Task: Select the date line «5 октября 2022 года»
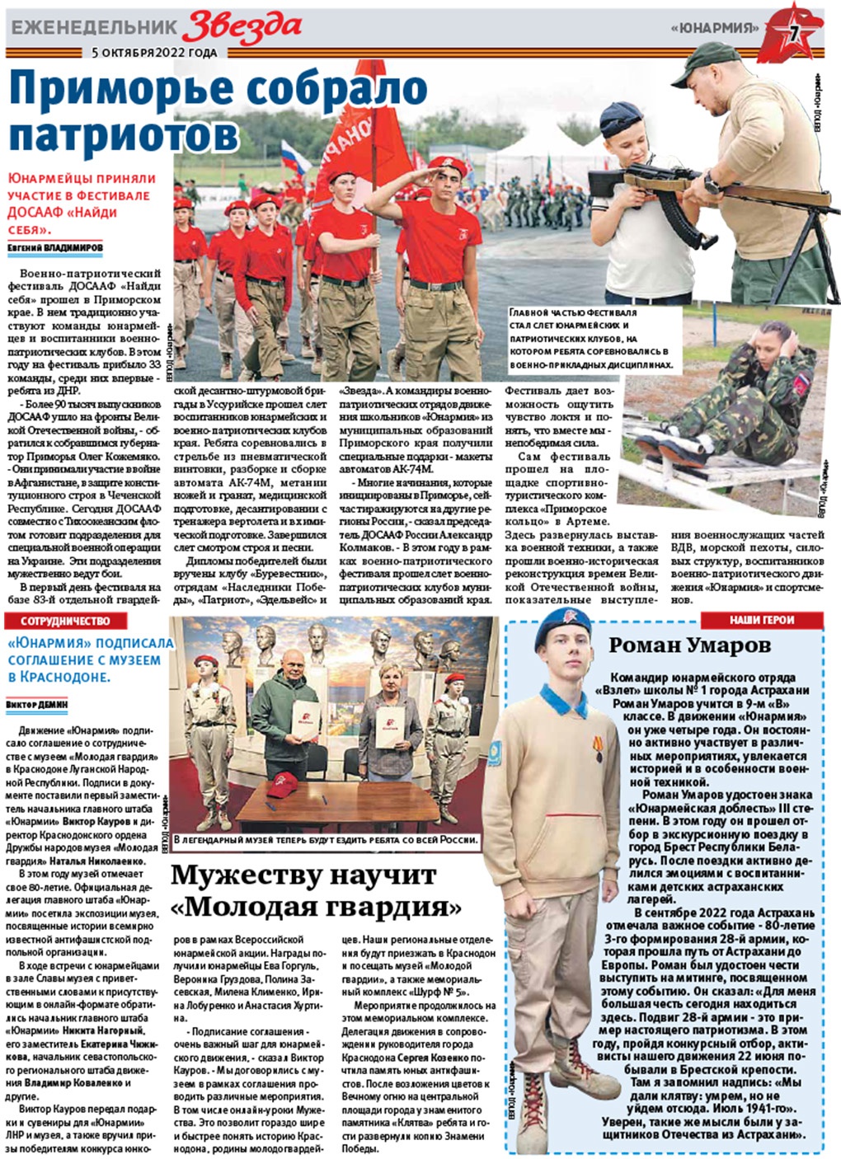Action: pyautogui.click(x=154, y=53)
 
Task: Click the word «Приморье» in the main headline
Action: pyautogui.click(x=132, y=91)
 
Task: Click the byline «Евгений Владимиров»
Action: pyautogui.click(x=55, y=247)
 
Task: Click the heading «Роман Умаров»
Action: pyautogui.click(x=701, y=645)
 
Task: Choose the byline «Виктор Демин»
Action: pyautogui.click(x=37, y=705)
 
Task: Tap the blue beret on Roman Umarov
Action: pyautogui.click(x=565, y=636)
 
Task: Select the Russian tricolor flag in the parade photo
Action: pyautogui.click(x=294, y=157)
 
